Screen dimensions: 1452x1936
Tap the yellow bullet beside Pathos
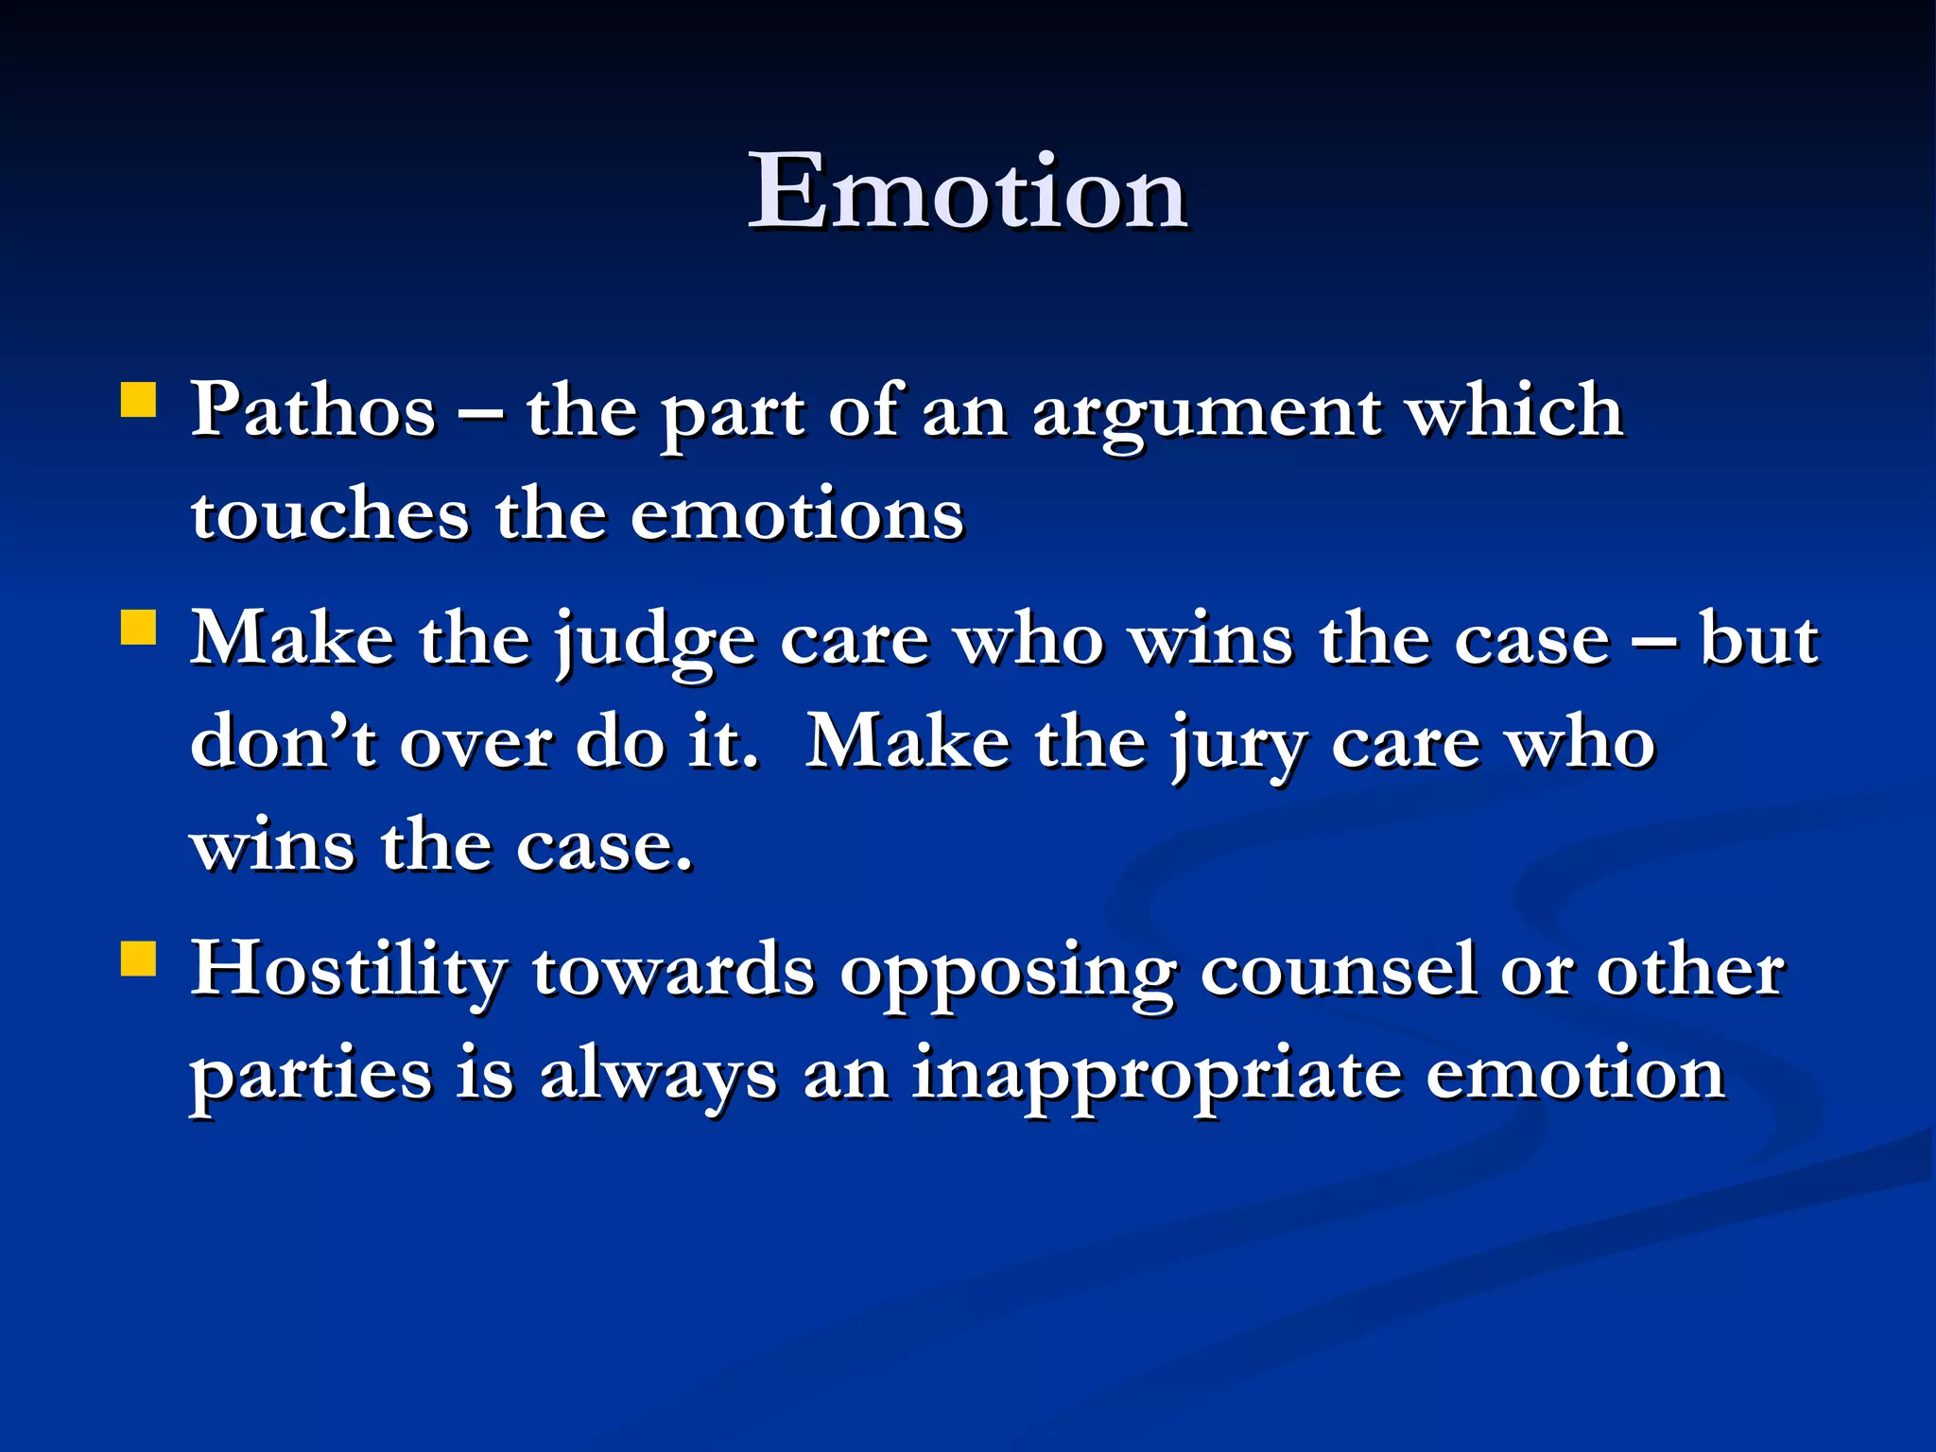click(139, 400)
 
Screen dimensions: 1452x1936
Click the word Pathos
click(314, 410)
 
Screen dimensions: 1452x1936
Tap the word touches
click(330, 514)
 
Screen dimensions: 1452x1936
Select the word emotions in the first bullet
click(797, 514)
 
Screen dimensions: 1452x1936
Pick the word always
click(658, 1078)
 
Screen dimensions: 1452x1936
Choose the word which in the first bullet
click(1515, 410)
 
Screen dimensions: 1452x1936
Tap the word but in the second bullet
click(1759, 639)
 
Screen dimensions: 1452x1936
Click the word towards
click(673, 970)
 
